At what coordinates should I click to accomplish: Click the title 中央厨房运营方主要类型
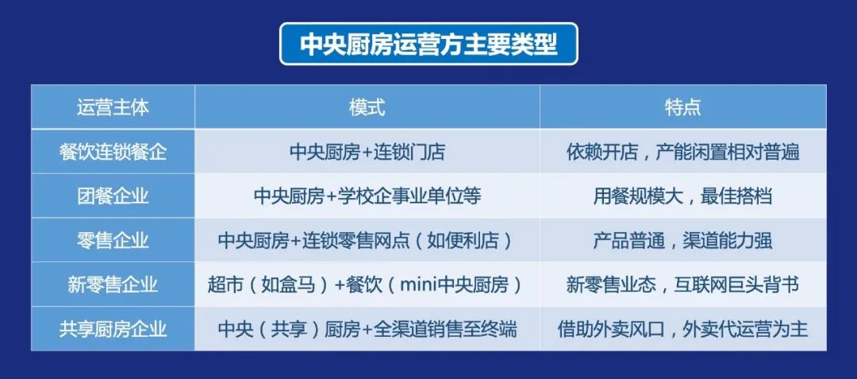coord(428,44)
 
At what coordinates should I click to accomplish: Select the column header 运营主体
coord(113,107)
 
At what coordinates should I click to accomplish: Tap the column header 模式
coord(367,107)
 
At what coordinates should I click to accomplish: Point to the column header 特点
coord(682,107)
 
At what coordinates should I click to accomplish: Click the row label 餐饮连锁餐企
coord(113,152)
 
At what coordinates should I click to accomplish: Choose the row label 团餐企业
coord(113,195)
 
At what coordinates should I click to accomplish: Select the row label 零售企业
coord(113,240)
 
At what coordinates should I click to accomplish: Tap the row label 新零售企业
coord(113,284)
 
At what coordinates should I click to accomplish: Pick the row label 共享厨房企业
coord(113,329)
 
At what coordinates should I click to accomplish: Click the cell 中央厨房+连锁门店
coord(367,152)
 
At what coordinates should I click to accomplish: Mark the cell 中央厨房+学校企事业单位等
coord(367,195)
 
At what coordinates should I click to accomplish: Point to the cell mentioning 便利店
coord(367,240)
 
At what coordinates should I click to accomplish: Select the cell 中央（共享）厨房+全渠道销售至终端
coord(367,329)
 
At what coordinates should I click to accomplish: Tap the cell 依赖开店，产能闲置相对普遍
coord(682,152)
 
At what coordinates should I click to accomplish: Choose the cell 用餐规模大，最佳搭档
coord(682,195)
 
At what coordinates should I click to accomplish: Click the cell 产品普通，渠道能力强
coord(682,240)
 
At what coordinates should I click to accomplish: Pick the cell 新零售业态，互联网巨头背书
coord(682,284)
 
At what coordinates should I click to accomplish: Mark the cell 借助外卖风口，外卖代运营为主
coord(682,329)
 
